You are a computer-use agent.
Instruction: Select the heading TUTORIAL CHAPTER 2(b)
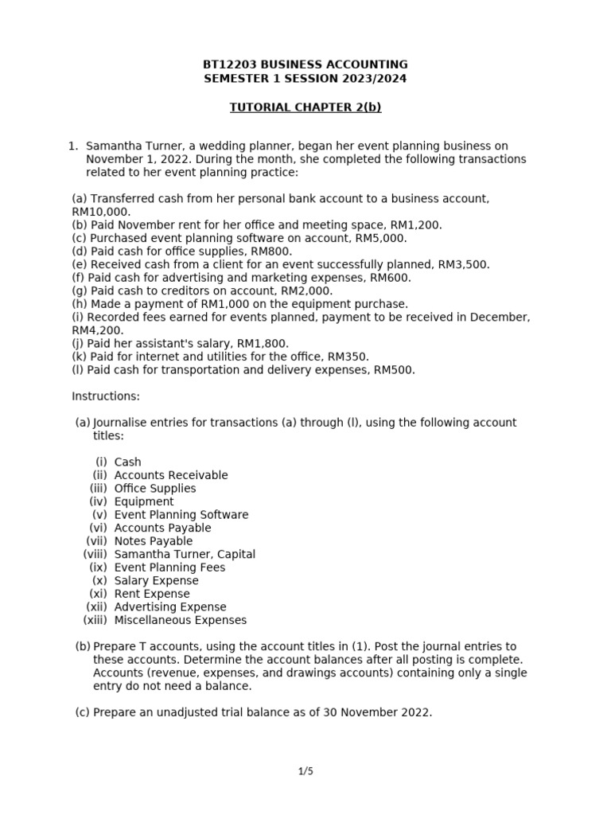click(305, 107)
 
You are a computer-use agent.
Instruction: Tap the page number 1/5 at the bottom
click(305, 771)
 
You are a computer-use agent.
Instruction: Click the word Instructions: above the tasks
click(106, 396)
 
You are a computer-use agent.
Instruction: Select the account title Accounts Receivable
click(171, 475)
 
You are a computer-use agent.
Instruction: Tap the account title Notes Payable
click(154, 541)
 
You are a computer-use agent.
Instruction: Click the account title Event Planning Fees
click(169, 567)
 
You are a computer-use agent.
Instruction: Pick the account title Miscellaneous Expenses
click(181, 620)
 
